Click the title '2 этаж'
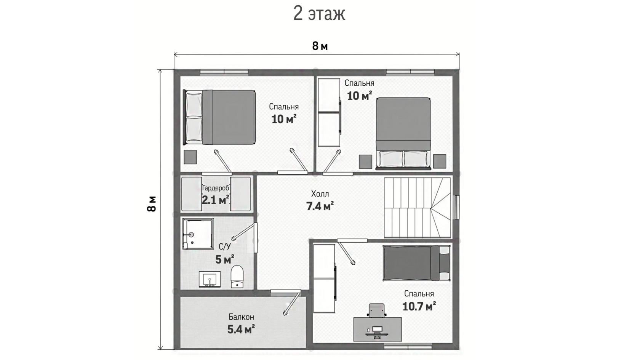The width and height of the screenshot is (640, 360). [x=319, y=14]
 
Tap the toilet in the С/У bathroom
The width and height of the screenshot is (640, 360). [x=237, y=277]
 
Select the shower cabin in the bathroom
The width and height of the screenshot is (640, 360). [x=198, y=234]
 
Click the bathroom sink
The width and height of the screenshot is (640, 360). [x=210, y=279]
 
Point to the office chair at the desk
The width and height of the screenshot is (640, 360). [x=376, y=310]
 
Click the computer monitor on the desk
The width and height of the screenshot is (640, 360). [x=377, y=330]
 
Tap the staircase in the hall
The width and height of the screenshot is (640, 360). [x=418, y=207]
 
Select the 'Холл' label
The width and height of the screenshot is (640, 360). [x=320, y=194]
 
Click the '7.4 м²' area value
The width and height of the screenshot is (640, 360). [x=320, y=206]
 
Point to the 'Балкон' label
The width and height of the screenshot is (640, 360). [x=241, y=317]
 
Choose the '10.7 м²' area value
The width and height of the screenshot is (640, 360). [x=419, y=306]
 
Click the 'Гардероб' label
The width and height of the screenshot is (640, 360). [x=216, y=188]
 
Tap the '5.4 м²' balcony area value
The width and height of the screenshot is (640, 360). [x=241, y=330]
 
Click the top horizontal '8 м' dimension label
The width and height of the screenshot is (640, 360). [x=320, y=46]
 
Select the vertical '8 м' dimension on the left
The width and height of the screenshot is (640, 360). [x=152, y=204]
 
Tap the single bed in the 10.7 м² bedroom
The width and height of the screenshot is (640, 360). [x=416, y=263]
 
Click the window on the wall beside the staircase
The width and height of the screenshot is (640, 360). [x=457, y=207]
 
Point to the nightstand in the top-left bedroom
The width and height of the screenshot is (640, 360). [x=190, y=157]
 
